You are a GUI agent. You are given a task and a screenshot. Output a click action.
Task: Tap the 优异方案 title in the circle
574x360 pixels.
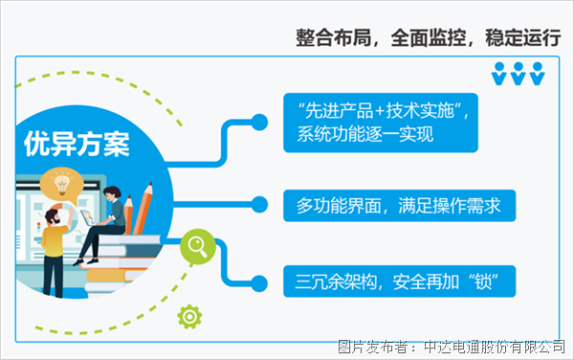click(x=77, y=145)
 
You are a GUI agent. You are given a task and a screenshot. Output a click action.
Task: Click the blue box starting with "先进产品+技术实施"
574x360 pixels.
click(x=381, y=122)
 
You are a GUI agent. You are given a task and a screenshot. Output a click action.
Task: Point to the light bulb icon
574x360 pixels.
click(x=63, y=181)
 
